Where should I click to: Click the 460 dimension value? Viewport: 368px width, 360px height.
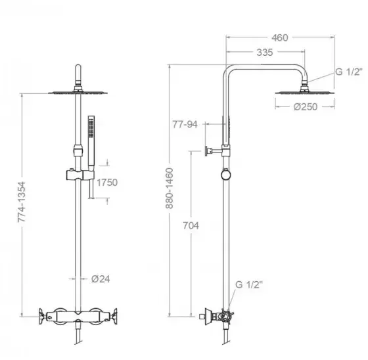coord(280,37)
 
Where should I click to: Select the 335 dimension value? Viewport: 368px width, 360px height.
coord(265,53)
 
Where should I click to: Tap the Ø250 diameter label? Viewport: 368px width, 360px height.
coord(306,107)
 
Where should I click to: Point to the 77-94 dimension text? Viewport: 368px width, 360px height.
coord(185,124)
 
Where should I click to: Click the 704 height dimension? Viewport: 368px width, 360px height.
coord(191,225)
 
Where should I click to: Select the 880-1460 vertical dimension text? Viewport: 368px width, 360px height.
coord(170,189)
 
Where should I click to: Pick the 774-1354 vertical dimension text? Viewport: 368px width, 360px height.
coord(22,202)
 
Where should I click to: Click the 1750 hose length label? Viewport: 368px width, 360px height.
coord(107,183)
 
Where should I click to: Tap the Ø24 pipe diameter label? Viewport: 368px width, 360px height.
coord(101,279)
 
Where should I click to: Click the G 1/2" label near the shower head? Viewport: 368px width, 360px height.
coord(349,72)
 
